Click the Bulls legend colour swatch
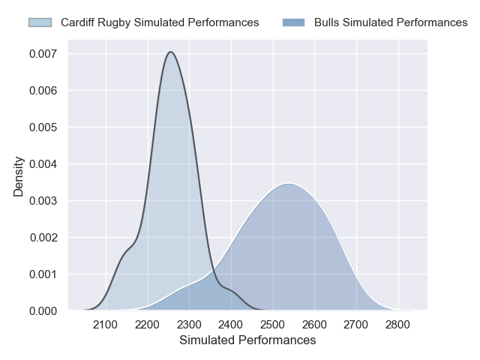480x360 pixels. (294, 22)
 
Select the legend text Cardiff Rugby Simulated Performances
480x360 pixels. (160, 22)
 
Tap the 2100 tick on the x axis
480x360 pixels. (106, 325)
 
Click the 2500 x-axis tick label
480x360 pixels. (273, 325)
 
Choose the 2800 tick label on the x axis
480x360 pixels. (398, 325)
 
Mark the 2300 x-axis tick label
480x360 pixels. (189, 325)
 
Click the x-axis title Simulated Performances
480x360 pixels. (247, 340)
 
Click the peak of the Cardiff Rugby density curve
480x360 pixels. (171, 52)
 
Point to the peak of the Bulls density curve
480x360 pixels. (289, 183)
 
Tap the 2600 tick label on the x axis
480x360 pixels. (315, 325)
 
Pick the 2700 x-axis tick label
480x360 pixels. (356, 325)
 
